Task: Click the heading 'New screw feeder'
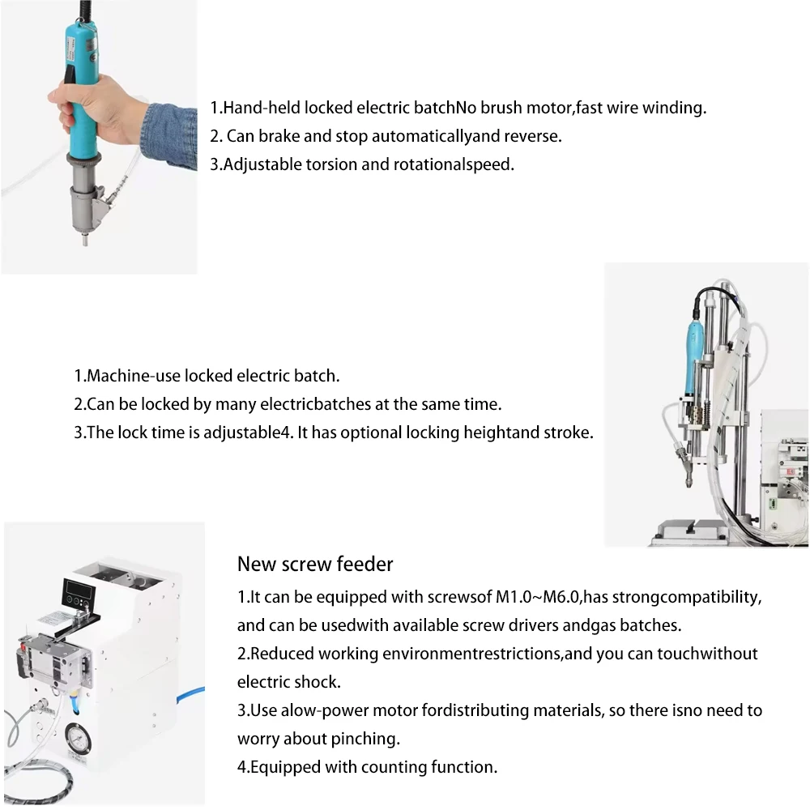(315, 564)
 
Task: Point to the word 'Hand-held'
(255, 108)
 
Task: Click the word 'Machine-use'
(133, 376)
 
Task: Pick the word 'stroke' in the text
(568, 433)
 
